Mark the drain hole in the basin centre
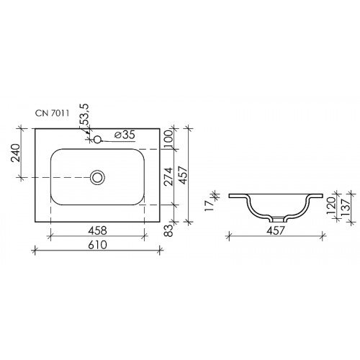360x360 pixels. coord(98,176)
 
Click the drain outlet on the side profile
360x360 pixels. coord(276,219)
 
